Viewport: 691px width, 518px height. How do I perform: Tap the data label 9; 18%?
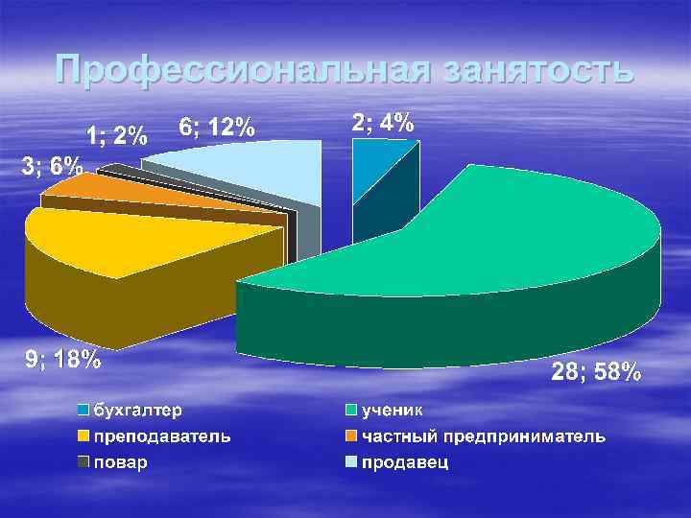pos(62,361)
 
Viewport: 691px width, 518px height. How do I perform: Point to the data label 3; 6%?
pos(52,165)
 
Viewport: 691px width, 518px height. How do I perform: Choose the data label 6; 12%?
pos(217,127)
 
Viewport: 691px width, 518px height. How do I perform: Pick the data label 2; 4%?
pos(383,123)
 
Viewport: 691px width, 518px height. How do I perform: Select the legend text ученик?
pos(392,411)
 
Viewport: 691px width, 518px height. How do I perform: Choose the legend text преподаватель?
pos(160,436)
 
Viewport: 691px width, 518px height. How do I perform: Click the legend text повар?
pos(120,462)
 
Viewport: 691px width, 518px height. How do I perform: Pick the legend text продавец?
pos(404,462)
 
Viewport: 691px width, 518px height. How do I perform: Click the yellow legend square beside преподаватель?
pos(83,436)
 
